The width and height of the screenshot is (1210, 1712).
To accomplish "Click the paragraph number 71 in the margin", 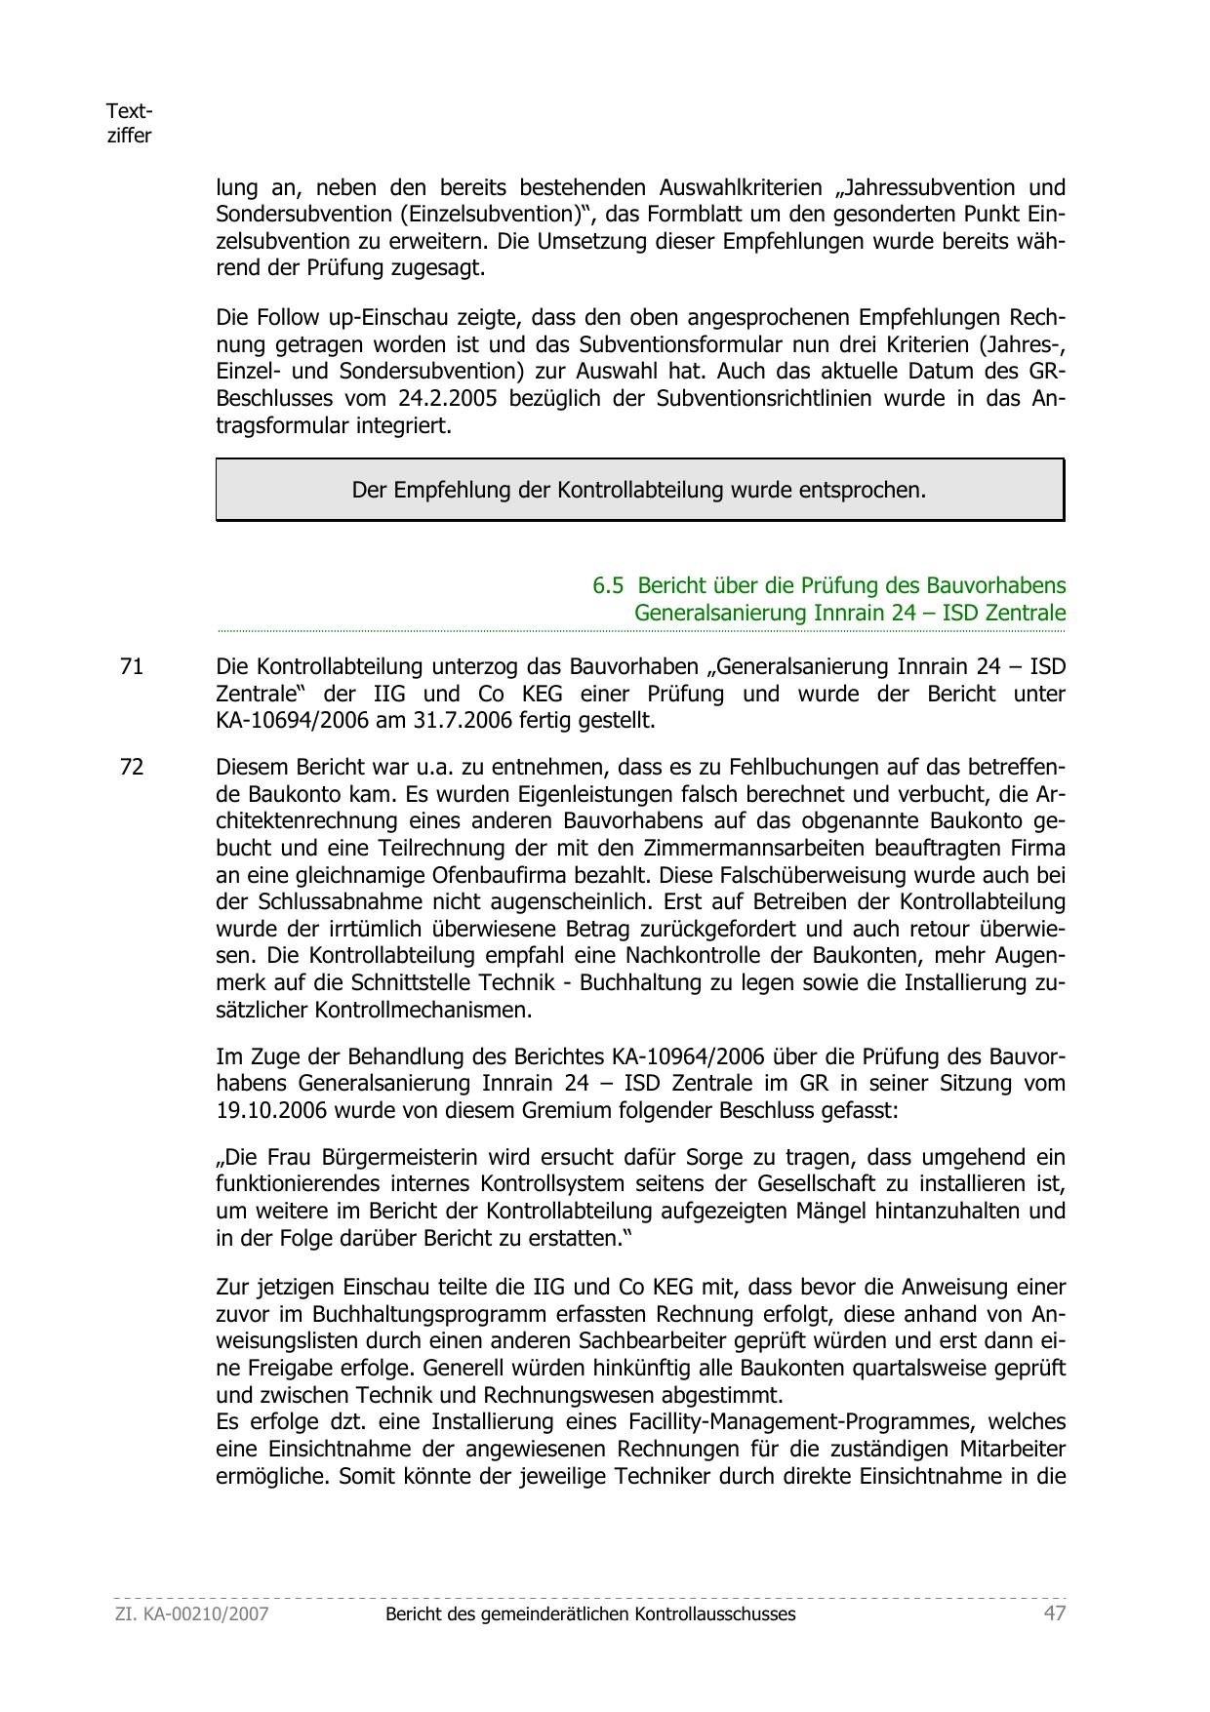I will tap(131, 667).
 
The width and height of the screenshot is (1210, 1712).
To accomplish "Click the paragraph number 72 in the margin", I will tap(131, 768).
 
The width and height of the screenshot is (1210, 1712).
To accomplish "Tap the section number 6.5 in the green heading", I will tap(608, 586).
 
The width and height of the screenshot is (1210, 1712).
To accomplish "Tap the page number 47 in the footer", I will tap(1054, 1613).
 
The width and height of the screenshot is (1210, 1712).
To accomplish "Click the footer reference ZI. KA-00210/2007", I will tap(191, 1614).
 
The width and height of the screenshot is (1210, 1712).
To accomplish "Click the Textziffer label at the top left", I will tap(129, 124).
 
